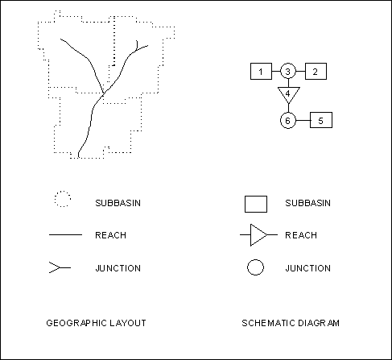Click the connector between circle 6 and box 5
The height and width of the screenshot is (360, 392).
tap(303, 120)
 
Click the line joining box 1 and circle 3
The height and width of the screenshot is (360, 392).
tap(276, 72)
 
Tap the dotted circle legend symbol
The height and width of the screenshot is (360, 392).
tap(63, 191)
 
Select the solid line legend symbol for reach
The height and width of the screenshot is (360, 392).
tap(65, 235)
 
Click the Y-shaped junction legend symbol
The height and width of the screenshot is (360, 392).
tap(60, 267)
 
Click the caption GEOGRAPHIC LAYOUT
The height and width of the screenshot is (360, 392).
tap(96, 323)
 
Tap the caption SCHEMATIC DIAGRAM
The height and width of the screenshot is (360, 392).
tap(291, 323)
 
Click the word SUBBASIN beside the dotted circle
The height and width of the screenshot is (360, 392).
tap(118, 203)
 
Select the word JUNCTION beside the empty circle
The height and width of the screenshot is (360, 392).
tap(307, 268)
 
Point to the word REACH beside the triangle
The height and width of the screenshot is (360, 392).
tap(301, 235)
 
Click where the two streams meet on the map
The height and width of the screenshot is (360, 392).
tap(104, 94)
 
